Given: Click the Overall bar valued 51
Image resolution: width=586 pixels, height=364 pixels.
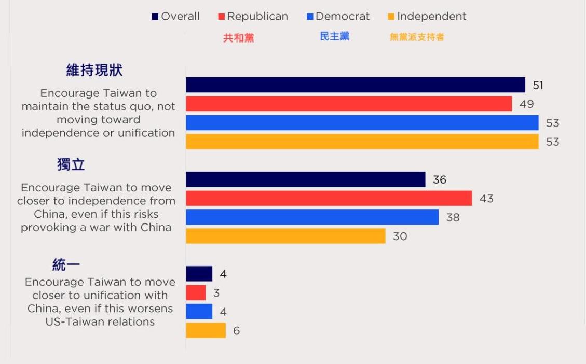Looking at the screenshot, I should [x=356, y=85].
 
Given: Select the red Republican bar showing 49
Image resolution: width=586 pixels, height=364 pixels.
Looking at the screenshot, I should [x=349, y=104].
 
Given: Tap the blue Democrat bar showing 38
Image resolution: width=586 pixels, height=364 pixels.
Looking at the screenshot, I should [x=312, y=217].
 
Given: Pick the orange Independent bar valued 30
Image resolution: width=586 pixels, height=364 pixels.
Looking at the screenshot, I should [x=285, y=236].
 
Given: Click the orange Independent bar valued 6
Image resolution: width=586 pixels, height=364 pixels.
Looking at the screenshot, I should [x=206, y=330].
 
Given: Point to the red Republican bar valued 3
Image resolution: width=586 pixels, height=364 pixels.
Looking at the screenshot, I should [x=196, y=293].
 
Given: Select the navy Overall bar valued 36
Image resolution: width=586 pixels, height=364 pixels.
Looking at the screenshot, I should [x=305, y=179].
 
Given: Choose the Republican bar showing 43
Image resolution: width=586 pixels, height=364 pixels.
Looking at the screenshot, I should [x=329, y=198].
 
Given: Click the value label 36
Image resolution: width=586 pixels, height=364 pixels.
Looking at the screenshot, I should [x=440, y=180].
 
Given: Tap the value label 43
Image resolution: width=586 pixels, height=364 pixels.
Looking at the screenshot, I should [x=486, y=199].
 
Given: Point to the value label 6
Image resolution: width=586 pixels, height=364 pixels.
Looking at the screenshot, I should [x=237, y=331].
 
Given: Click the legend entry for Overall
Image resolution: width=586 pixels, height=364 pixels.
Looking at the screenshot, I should [x=176, y=17].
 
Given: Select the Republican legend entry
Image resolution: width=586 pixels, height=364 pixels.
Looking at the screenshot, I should [x=253, y=17].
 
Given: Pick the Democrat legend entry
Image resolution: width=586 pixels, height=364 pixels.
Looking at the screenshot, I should [x=338, y=17].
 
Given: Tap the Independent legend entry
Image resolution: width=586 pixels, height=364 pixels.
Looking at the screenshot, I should [x=427, y=17].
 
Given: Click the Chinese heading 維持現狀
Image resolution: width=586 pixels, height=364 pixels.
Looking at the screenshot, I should [x=94, y=71].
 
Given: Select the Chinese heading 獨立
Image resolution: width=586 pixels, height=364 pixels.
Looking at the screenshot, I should [x=71, y=165].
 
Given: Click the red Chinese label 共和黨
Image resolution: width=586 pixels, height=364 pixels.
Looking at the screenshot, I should [x=239, y=38].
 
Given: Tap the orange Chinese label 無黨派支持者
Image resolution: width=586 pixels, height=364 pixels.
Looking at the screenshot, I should [x=417, y=37].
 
